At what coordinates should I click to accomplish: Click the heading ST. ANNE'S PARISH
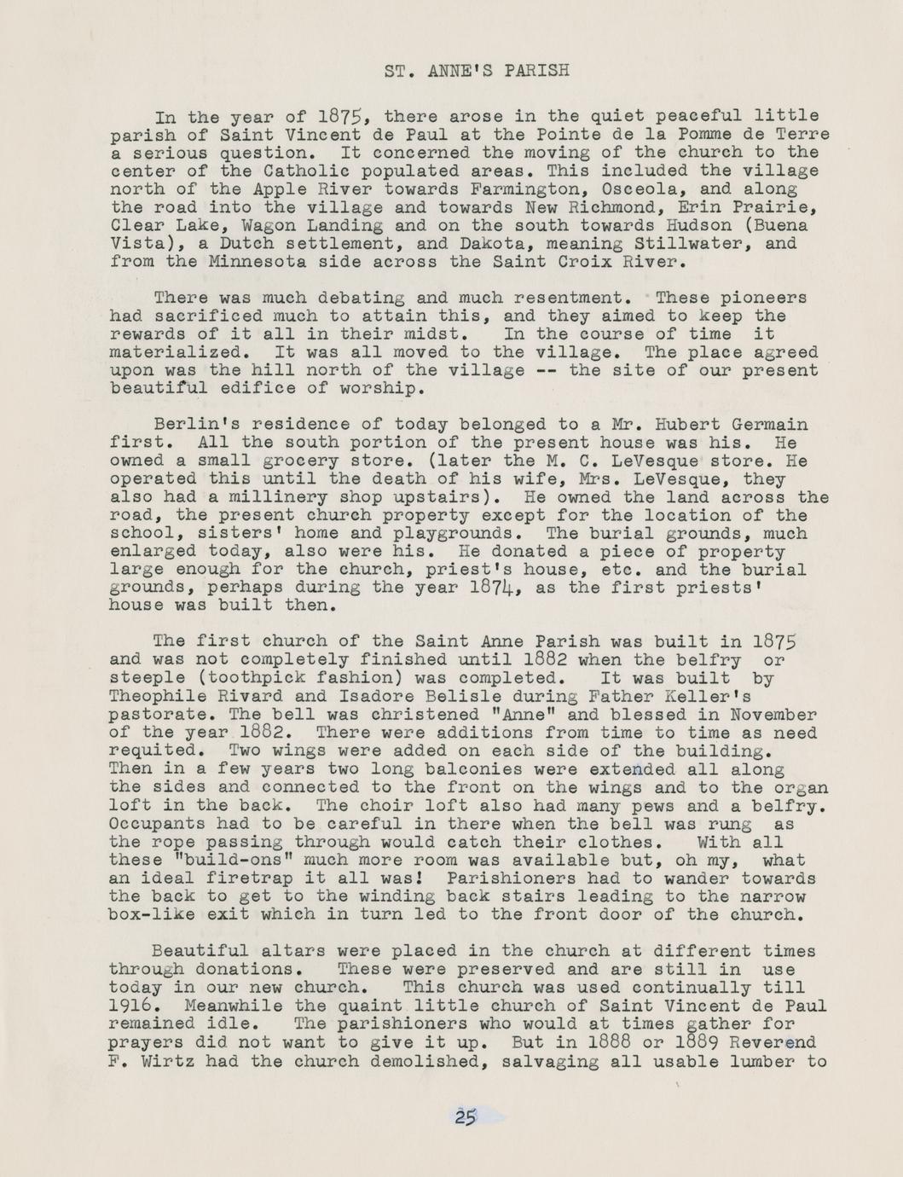click(476, 71)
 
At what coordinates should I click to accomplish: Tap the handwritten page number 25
click(466, 1117)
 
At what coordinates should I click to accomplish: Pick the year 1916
click(130, 1006)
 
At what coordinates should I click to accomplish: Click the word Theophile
click(155, 696)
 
